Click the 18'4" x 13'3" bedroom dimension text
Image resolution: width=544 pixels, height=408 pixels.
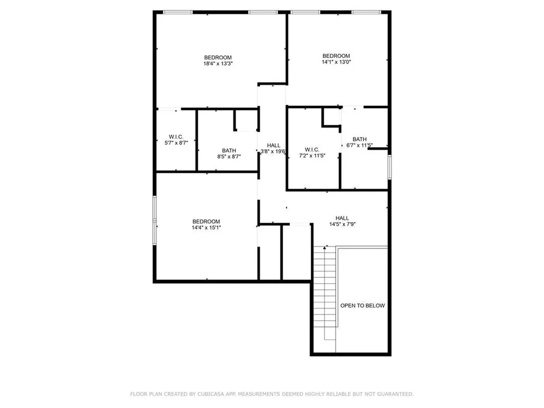(218, 63)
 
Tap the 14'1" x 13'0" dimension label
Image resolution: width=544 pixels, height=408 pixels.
(336, 62)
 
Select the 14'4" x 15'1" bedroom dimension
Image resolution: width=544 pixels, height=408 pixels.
(206, 227)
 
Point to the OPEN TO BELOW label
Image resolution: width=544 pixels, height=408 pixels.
(362, 305)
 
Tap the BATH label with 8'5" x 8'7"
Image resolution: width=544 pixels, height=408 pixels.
(229, 150)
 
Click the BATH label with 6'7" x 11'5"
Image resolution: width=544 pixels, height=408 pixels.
(360, 139)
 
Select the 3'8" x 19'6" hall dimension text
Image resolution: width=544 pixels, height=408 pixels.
(273, 151)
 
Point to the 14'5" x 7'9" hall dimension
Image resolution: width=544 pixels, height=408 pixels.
(342, 224)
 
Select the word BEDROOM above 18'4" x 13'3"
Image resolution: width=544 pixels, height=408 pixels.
(218, 57)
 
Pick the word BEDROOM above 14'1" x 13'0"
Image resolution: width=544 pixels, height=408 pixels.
(336, 56)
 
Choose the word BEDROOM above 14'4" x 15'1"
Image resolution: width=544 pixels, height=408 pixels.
(206, 222)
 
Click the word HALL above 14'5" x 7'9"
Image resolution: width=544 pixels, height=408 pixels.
(342, 218)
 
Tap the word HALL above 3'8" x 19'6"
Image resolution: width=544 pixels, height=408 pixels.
(274, 145)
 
